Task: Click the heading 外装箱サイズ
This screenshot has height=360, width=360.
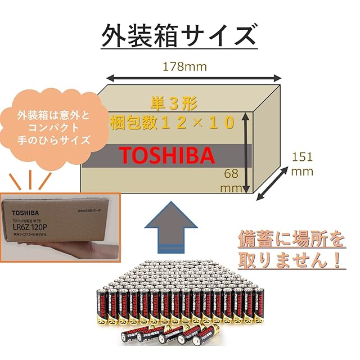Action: (x=178, y=35)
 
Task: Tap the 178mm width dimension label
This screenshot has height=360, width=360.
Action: (x=185, y=67)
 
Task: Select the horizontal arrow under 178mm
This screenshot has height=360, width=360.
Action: (x=194, y=78)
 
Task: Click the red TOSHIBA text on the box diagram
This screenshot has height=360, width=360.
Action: (x=166, y=155)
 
